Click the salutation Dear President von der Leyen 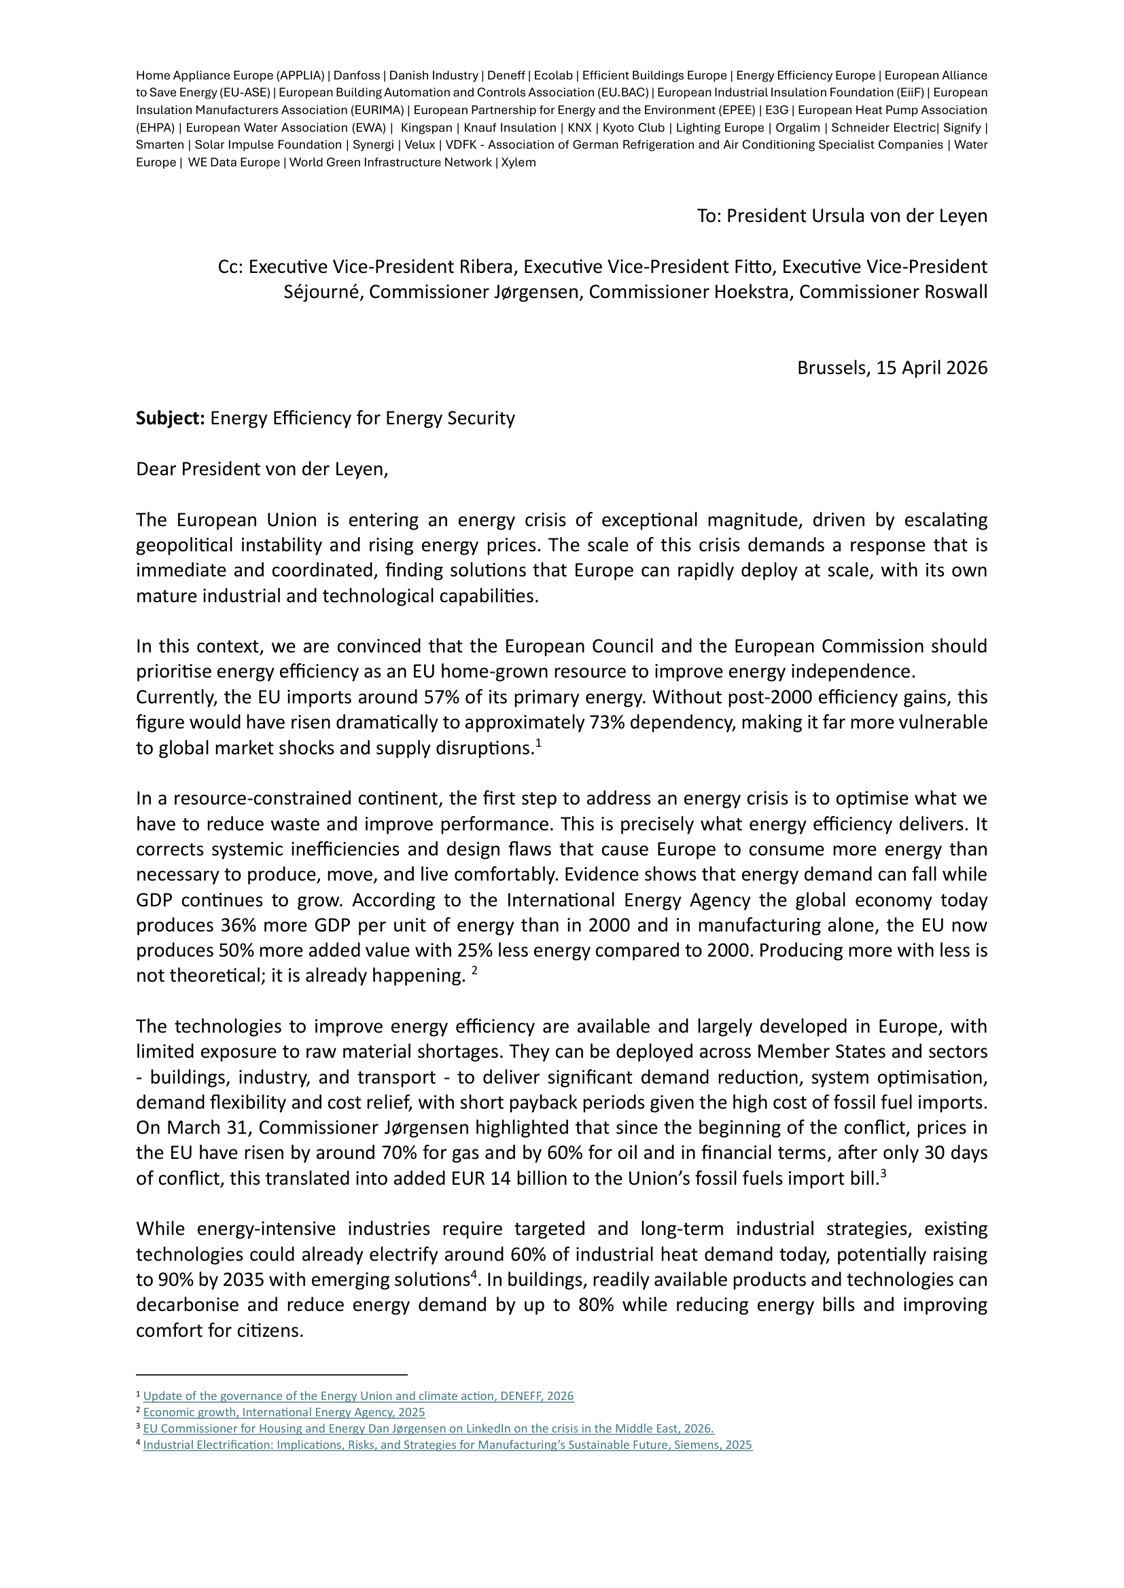tap(262, 470)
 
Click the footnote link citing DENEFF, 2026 tap(358, 1396)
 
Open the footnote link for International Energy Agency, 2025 tap(284, 1412)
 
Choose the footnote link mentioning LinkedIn tap(428, 1428)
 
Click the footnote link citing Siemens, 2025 tap(447, 1445)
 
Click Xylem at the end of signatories tap(519, 162)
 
